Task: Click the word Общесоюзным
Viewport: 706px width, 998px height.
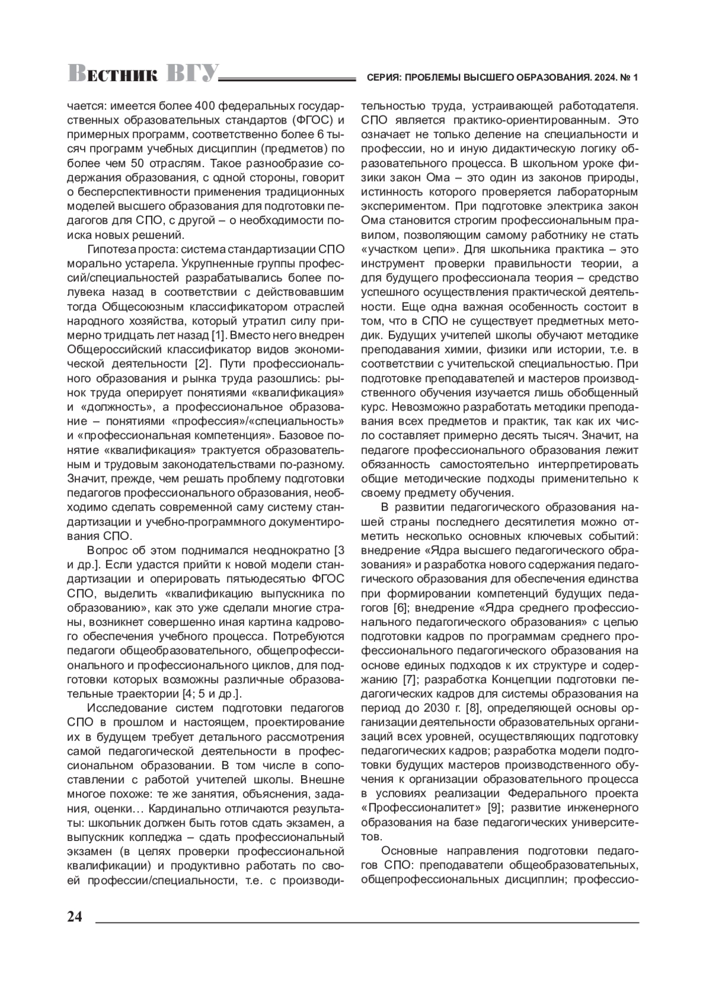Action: coord(138,306)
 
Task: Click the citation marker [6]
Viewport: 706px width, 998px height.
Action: coord(399,608)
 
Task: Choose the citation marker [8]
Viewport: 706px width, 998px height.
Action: coord(474,708)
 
